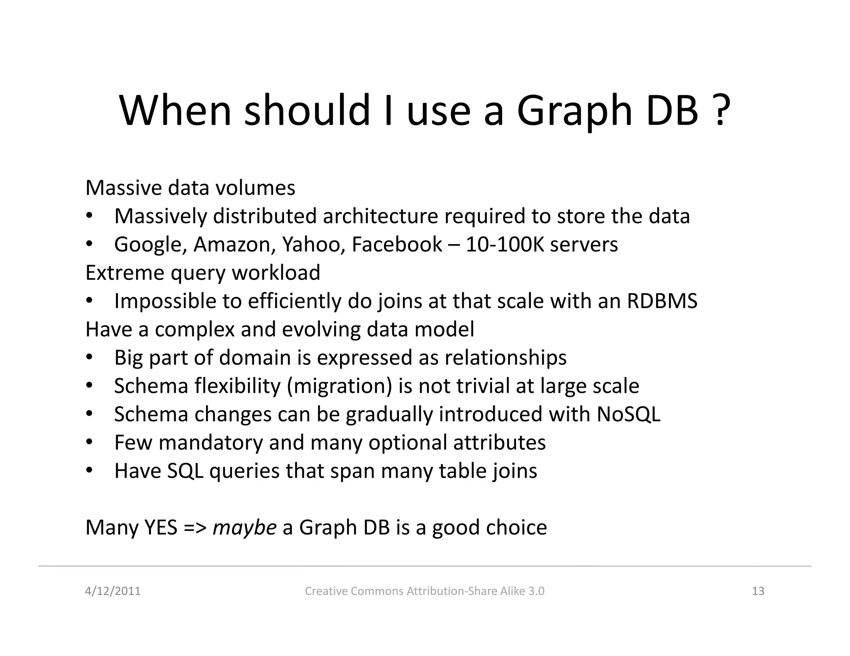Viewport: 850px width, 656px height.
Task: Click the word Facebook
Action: tap(397, 245)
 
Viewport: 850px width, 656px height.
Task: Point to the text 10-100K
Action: tap(505, 245)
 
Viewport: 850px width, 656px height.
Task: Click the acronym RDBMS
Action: tap(662, 301)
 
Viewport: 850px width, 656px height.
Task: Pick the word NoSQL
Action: tap(628, 414)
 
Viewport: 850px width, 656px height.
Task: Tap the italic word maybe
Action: tap(244, 528)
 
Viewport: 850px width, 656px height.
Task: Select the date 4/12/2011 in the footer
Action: tap(113, 591)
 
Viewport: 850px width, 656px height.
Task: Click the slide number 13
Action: tap(758, 591)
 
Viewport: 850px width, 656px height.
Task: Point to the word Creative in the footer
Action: tap(326, 591)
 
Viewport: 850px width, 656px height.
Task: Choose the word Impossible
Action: tap(165, 301)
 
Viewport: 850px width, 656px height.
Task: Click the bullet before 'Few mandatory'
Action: tap(89, 442)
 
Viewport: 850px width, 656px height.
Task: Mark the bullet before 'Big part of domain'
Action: tap(89, 357)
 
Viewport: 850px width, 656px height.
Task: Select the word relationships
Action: tap(506, 357)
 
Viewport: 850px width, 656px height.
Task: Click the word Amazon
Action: tap(234, 245)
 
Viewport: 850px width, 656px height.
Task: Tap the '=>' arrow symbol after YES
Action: tap(195, 527)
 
